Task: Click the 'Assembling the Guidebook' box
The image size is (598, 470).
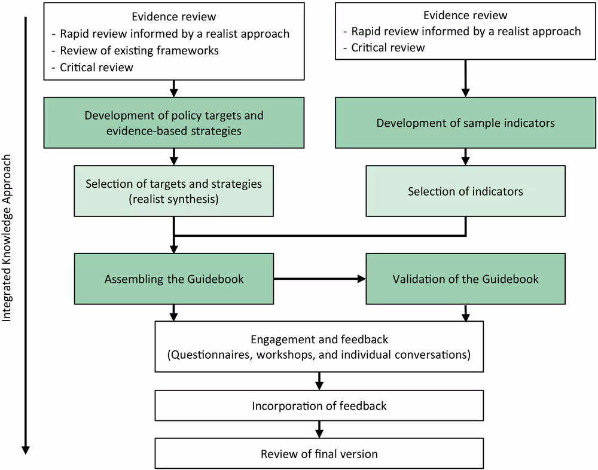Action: [x=174, y=279]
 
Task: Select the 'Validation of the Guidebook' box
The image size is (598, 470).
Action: [x=465, y=279]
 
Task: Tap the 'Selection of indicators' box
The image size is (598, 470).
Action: [x=465, y=191]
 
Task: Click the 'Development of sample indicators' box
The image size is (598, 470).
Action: [x=465, y=123]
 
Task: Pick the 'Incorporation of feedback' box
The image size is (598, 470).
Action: [x=319, y=406]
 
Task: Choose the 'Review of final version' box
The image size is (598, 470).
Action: [x=319, y=454]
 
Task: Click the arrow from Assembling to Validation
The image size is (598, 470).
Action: [x=320, y=279]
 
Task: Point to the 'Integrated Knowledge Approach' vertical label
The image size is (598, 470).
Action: [x=7, y=239]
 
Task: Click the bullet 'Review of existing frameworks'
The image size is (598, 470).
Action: [x=139, y=50]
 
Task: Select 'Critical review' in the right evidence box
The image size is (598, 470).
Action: [x=388, y=47]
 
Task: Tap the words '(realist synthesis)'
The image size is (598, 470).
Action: [x=173, y=199]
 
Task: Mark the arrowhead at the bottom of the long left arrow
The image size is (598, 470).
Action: [x=25, y=450]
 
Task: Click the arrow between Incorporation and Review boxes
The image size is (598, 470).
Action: [x=319, y=429]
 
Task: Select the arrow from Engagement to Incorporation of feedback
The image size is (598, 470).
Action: [x=319, y=382]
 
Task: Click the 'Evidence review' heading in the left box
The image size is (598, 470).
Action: [x=174, y=17]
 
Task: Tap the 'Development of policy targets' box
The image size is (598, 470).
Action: [x=174, y=123]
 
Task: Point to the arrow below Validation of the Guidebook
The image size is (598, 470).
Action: [x=465, y=313]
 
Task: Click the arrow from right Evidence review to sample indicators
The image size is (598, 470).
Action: [x=465, y=78]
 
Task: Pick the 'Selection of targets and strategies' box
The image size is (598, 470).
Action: [x=174, y=191]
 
